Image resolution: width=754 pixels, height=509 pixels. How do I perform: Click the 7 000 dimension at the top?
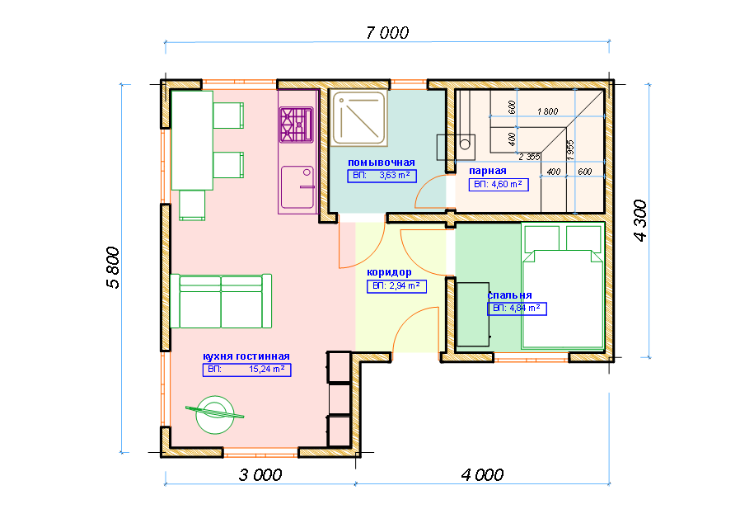(387, 33)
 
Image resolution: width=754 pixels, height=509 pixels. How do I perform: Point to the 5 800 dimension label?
(113, 268)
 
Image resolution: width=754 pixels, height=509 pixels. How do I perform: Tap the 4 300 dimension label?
(640, 220)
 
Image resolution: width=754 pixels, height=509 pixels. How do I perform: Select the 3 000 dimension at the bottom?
(260, 475)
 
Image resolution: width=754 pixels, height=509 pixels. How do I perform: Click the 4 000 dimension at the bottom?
(482, 475)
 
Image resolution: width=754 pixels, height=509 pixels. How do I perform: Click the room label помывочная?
(382, 163)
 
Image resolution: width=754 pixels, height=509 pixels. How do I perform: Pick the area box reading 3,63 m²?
(382, 176)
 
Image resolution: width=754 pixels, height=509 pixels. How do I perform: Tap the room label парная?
(488, 171)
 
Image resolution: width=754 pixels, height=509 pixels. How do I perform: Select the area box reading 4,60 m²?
(499, 185)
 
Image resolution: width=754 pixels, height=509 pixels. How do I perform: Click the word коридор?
(389, 272)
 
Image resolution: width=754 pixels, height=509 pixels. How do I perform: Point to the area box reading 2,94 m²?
(396, 286)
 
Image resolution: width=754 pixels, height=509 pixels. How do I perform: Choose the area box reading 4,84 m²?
(517, 309)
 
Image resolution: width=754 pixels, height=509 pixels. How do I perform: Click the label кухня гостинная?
(246, 356)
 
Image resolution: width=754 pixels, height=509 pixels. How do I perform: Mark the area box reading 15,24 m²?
(246, 370)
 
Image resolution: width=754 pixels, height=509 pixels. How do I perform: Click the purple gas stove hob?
(296, 125)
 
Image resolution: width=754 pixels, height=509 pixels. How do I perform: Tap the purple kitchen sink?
(297, 187)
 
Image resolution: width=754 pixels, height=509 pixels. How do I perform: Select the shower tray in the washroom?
(358, 118)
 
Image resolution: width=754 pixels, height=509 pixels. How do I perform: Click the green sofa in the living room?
(221, 301)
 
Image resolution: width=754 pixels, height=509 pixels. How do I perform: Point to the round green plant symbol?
(215, 414)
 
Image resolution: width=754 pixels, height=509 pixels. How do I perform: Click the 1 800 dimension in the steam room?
(547, 111)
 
